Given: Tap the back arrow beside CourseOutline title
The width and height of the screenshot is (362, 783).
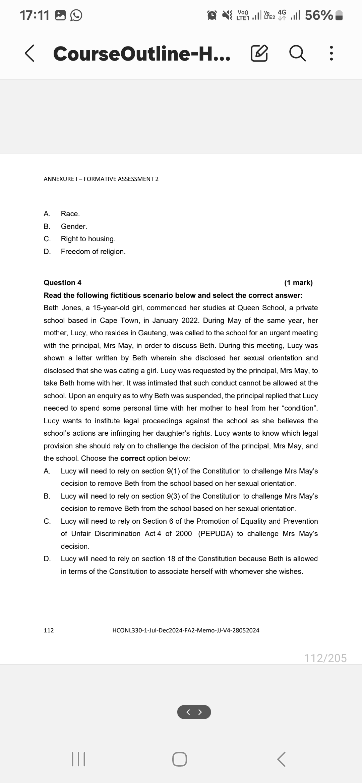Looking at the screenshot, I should (x=29, y=54).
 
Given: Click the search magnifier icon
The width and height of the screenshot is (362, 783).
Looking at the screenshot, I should (x=297, y=54).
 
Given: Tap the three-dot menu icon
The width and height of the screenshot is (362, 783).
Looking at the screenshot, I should (x=331, y=54).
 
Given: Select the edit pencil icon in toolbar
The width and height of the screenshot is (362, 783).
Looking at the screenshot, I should (x=259, y=54).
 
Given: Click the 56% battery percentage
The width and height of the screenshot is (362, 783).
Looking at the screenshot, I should (x=318, y=15).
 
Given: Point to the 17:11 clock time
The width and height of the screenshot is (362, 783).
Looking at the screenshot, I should (x=34, y=15).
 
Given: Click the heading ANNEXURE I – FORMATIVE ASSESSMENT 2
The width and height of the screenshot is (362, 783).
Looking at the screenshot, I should (x=101, y=179).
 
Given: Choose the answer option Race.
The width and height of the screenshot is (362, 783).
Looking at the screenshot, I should (x=70, y=214).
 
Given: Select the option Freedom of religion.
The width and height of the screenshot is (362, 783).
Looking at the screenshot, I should (x=93, y=252).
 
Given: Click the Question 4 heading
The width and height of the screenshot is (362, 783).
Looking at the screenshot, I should (x=63, y=283).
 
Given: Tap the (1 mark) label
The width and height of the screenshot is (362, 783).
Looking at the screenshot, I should (x=298, y=283).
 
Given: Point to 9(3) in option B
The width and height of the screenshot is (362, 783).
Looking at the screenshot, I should (x=173, y=496).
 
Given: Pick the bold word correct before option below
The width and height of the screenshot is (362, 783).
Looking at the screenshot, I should (x=132, y=458).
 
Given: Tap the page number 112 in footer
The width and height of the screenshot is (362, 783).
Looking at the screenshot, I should (x=49, y=630).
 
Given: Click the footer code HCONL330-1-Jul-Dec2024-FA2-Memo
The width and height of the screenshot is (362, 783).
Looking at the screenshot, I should (x=186, y=630).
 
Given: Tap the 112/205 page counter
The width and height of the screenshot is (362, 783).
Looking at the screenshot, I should (x=325, y=658).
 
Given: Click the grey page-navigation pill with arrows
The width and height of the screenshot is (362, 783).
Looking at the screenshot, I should (x=194, y=712).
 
